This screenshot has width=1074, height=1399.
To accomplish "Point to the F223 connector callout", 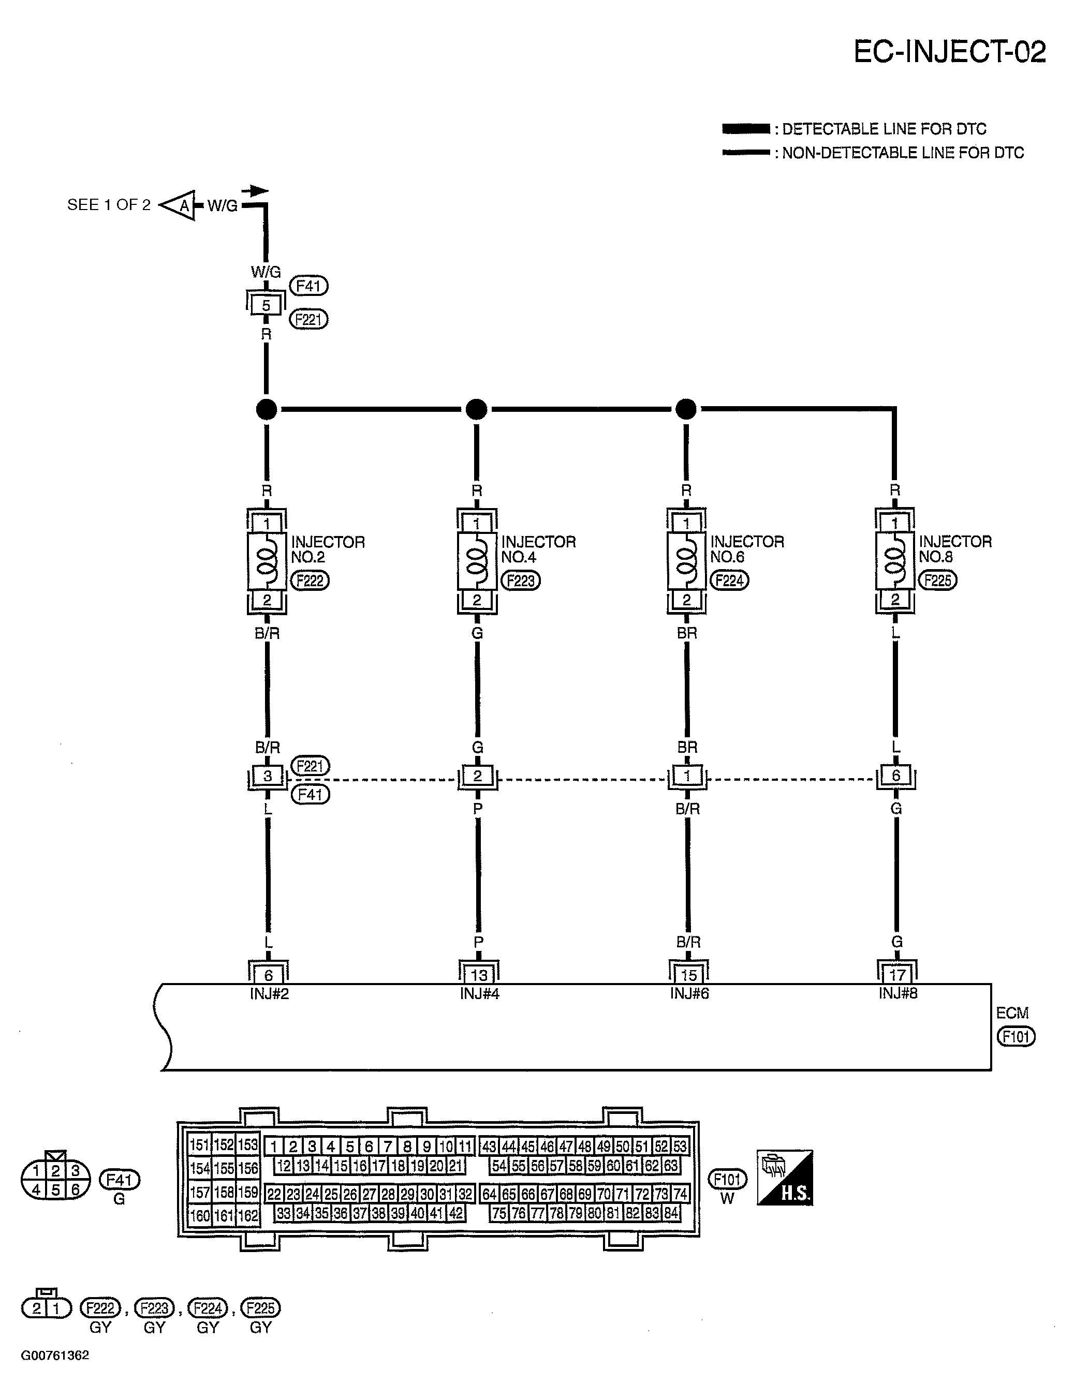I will [x=520, y=581].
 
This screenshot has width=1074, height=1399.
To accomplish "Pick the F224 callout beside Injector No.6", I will [x=729, y=581].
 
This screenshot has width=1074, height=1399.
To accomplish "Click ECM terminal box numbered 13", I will [x=479, y=975].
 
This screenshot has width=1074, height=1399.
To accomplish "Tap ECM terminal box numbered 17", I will [x=898, y=975].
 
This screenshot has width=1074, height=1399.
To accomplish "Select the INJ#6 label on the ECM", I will [x=689, y=993].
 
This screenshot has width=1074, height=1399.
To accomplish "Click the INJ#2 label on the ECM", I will [x=269, y=994].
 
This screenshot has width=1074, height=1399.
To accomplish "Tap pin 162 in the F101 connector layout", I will [x=248, y=1215].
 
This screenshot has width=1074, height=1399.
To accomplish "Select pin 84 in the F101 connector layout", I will [x=671, y=1213].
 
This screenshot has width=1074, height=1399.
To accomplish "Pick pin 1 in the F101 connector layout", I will [x=274, y=1147].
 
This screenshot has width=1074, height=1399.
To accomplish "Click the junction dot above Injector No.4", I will [x=476, y=409].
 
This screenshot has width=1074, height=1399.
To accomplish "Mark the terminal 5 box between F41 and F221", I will [x=266, y=305].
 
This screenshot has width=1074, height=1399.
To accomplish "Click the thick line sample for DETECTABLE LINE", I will [x=745, y=129].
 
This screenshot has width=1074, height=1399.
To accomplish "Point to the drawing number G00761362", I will [x=55, y=1355].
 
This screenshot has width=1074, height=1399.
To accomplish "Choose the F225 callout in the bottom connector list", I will [x=260, y=1308].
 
